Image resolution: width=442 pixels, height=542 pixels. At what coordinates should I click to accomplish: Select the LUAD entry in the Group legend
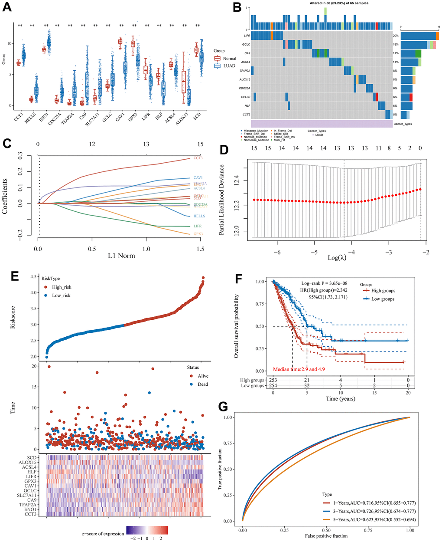pos(229,66)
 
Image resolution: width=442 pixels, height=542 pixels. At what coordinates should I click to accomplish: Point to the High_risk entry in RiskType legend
pos(61,287)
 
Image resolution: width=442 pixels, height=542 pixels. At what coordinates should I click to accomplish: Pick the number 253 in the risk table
pos(273,380)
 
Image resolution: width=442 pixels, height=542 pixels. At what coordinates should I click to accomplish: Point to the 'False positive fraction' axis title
pos(325,536)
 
